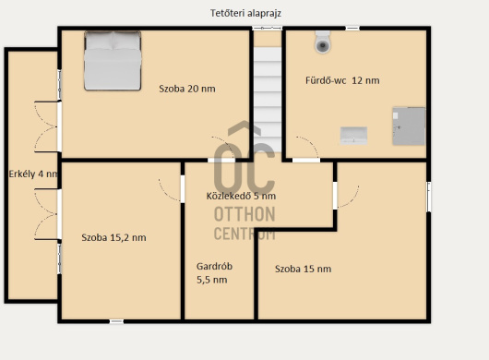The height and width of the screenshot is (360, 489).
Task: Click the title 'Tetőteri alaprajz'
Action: (x=245, y=14)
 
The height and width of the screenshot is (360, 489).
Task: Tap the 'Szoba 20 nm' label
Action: (x=187, y=89)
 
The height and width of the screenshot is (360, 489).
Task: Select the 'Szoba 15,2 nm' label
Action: (x=113, y=238)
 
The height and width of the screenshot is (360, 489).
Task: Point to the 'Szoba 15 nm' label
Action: (x=304, y=269)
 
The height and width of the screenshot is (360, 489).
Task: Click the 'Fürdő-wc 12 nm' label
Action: (x=342, y=80)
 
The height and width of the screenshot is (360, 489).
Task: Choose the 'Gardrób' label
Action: (x=214, y=267)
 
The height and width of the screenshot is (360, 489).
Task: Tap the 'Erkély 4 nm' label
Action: (x=33, y=174)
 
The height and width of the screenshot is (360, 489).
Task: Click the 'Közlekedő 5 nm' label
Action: (x=241, y=196)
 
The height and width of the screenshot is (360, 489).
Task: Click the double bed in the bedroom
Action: (x=113, y=61)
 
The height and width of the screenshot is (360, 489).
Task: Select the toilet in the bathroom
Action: (x=323, y=42)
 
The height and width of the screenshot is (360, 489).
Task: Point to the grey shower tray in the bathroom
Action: (x=409, y=126)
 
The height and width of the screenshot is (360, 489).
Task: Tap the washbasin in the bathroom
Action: (x=353, y=136)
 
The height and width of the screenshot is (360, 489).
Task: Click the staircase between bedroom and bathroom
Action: (x=268, y=100)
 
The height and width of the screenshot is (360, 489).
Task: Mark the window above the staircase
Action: (x=268, y=28)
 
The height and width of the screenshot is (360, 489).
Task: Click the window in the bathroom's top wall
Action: (x=352, y=28)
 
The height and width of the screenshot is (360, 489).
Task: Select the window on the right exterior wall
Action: (x=428, y=197)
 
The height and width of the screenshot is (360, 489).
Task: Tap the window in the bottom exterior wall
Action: (x=116, y=321)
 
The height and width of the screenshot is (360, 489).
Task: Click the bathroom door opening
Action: (x=306, y=160)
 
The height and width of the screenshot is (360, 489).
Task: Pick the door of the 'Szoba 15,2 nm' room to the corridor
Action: (x=183, y=189)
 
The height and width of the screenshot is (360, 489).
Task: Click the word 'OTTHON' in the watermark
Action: (x=244, y=214)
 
